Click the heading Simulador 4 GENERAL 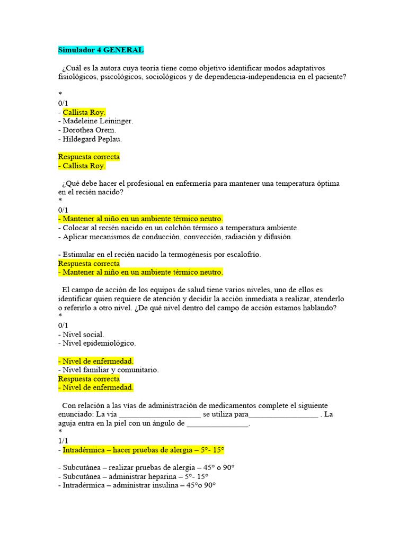tap(101, 50)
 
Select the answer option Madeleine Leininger tap(98, 121)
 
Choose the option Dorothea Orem tap(89, 130)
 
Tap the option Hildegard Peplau tap(92, 139)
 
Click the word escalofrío tap(242, 255)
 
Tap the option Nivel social tap(83, 335)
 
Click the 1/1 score tap(63, 441)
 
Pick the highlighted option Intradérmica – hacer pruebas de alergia tap(143, 450)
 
